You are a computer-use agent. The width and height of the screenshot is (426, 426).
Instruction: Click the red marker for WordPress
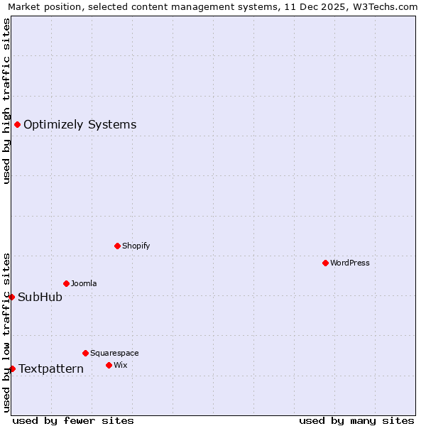(x=325, y=263)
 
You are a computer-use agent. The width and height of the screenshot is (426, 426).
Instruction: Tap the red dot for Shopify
(x=117, y=246)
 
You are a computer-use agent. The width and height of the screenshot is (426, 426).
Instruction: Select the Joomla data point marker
(x=66, y=283)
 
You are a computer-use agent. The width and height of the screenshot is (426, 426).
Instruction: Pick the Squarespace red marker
(x=85, y=353)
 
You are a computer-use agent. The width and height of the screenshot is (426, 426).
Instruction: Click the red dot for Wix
(x=109, y=365)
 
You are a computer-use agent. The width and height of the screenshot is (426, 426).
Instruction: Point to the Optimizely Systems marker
(x=17, y=125)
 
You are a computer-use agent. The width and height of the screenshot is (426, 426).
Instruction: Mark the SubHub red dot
(x=11, y=297)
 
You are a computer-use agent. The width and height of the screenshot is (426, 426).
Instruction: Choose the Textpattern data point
(x=12, y=368)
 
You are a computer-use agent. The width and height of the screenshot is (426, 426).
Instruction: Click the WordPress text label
(x=350, y=263)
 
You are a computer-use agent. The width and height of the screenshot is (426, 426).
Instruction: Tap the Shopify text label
(x=136, y=246)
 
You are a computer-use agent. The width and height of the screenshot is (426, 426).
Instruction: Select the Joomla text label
(x=84, y=283)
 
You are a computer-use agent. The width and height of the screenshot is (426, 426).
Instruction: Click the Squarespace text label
(x=114, y=353)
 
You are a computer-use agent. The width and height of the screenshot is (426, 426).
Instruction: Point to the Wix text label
(x=120, y=365)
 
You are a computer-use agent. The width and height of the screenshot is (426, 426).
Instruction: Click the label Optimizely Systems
(x=80, y=125)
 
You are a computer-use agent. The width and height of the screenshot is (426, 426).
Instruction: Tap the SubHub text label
(x=40, y=297)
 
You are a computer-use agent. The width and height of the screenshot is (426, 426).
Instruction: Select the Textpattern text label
(x=51, y=368)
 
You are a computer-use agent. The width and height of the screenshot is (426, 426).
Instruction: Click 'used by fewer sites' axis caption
(x=73, y=420)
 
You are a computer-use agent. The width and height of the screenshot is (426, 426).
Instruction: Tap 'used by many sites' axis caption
(x=356, y=420)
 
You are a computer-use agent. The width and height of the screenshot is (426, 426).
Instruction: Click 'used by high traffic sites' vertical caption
(x=6, y=101)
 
